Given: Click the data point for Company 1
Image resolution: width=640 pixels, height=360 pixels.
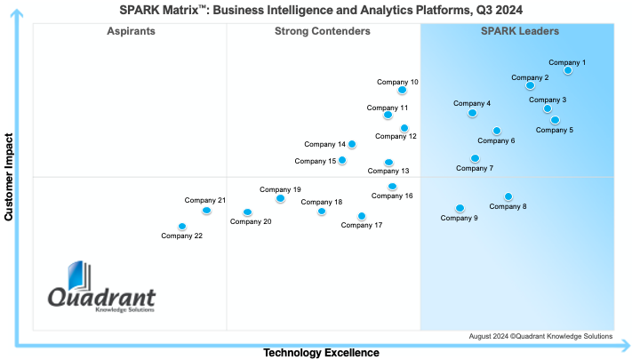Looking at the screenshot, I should tap(568, 71).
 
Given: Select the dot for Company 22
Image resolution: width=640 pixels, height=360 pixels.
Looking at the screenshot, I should tap(182, 227).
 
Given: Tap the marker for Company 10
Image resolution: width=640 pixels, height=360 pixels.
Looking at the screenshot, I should tap(402, 90).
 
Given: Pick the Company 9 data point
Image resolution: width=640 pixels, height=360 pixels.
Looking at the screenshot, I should tap(460, 208).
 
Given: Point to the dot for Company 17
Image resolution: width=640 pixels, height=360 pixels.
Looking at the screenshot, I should tap(361, 216).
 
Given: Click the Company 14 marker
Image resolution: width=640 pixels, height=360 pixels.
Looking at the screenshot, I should tap(352, 144).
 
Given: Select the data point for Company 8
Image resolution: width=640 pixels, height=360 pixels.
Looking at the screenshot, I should tap(508, 196).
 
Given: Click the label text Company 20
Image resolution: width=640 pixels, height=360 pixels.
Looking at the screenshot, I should tap(251, 221).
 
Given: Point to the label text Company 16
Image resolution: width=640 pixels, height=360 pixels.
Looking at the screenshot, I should tap(392, 196).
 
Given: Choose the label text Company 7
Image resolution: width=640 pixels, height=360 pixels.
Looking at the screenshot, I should tap(475, 168).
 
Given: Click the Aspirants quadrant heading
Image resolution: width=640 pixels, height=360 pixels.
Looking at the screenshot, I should tap(131, 32).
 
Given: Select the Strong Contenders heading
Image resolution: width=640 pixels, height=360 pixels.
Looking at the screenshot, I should tap(323, 32).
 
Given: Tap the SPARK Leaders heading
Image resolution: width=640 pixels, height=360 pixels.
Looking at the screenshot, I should tap(520, 32).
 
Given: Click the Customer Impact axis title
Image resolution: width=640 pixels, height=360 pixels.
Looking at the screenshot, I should tap(9, 177).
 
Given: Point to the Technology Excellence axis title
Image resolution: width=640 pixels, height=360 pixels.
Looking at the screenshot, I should tap(321, 353).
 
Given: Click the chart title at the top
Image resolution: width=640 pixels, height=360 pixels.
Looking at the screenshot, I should tap(321, 9).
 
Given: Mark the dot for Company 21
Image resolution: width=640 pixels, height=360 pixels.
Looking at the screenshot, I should tap(206, 211).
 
